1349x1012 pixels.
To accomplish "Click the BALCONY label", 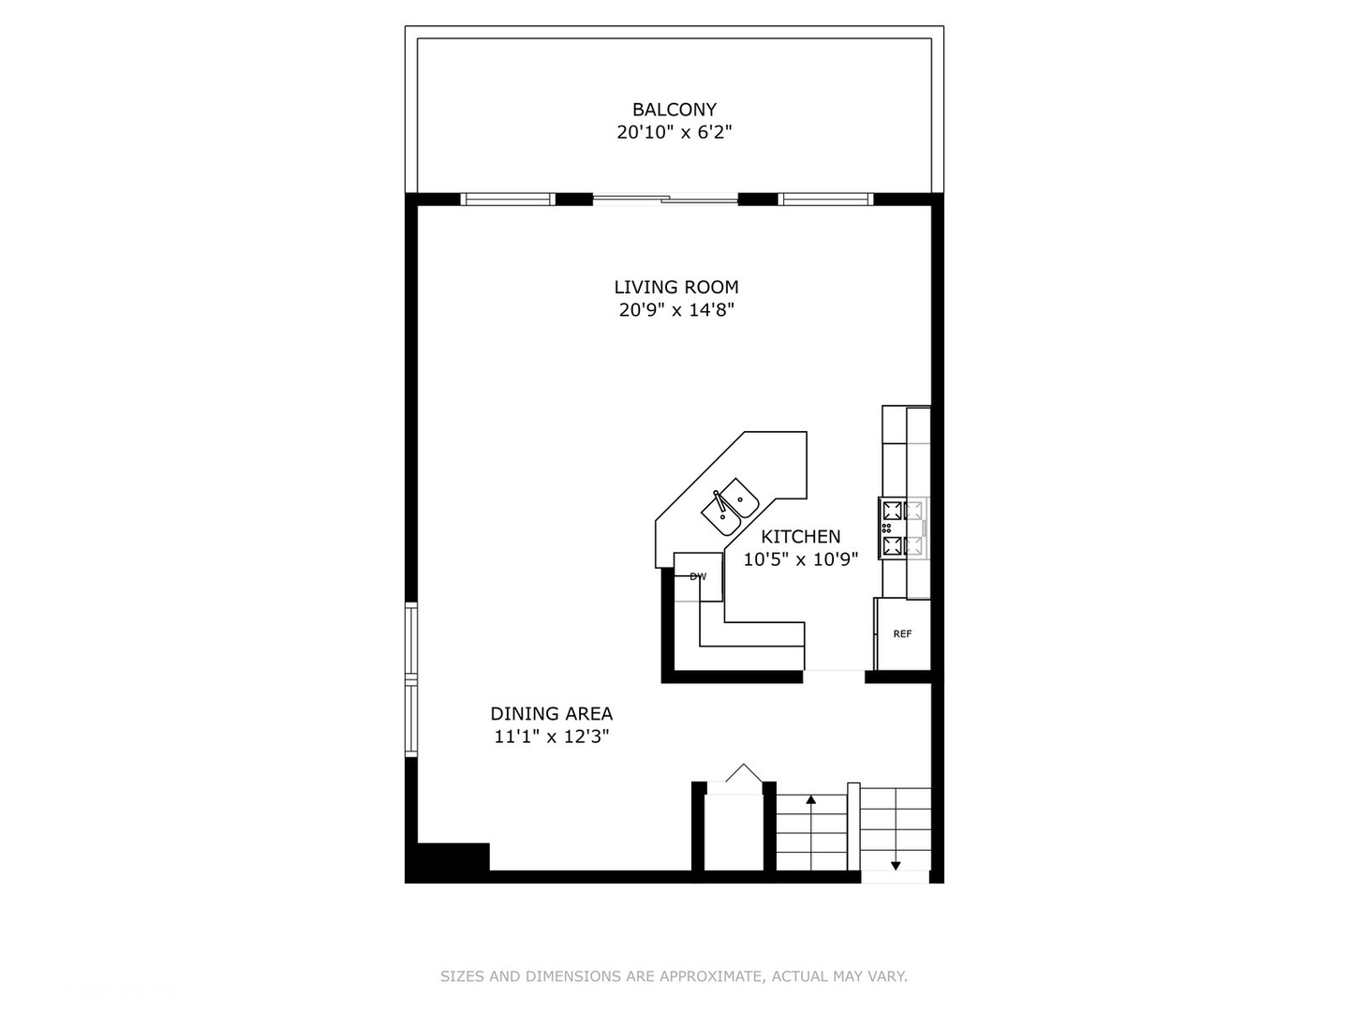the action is click(674, 110).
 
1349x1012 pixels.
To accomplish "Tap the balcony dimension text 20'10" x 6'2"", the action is click(674, 132).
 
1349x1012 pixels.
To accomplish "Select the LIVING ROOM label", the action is click(676, 287).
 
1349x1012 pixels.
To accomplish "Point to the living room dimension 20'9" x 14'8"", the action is click(676, 309).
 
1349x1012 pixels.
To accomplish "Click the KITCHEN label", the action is click(800, 536).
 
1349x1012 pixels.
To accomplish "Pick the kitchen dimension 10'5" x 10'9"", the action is click(800, 559).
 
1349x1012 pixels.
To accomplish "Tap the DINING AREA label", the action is click(551, 713).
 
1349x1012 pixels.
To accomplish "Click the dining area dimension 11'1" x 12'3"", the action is click(551, 737).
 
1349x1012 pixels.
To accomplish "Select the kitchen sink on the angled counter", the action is click(730, 507).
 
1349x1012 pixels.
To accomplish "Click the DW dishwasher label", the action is click(698, 576).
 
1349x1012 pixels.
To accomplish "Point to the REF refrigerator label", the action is click(902, 633).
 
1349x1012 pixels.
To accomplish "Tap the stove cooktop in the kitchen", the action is click(903, 528).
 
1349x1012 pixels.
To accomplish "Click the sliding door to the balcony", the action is click(665, 199).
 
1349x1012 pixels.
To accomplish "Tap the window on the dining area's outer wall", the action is click(410, 680).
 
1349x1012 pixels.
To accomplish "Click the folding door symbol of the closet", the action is click(744, 773).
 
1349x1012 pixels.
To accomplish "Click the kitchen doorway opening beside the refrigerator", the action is click(834, 677).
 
